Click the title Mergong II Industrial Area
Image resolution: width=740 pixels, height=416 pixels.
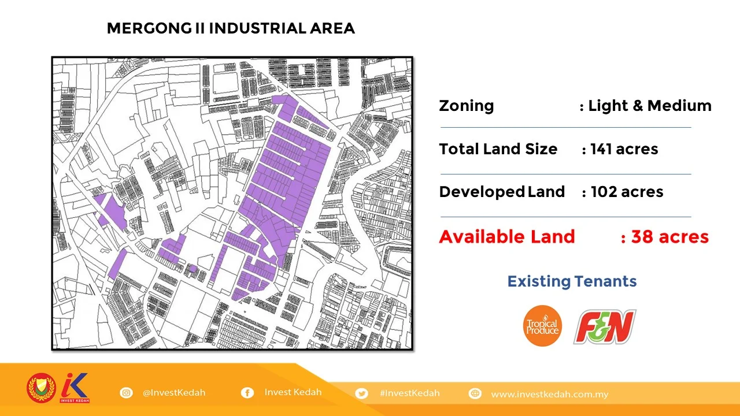(x=231, y=28)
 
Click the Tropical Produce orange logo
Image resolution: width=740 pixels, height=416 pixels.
(x=542, y=326)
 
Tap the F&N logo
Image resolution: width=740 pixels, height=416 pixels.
(x=605, y=326)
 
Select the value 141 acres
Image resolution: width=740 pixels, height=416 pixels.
(x=624, y=149)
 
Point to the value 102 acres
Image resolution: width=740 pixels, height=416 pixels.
(x=627, y=192)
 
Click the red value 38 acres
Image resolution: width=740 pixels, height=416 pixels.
(x=669, y=237)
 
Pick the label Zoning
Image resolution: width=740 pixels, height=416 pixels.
(x=466, y=106)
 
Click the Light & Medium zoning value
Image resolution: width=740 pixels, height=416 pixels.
(x=649, y=106)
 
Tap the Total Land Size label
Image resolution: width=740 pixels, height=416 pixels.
(x=498, y=149)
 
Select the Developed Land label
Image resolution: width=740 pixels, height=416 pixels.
(x=502, y=192)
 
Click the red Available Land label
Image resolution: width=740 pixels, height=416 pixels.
(x=506, y=237)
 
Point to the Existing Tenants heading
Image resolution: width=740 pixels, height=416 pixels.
(x=572, y=281)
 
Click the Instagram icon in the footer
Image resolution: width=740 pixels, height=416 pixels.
(x=126, y=393)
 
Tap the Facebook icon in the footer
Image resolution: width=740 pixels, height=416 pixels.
(x=247, y=393)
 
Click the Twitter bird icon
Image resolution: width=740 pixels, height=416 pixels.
(x=362, y=393)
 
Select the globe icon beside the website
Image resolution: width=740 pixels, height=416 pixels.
(x=475, y=394)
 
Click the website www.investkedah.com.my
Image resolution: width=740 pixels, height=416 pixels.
(x=549, y=395)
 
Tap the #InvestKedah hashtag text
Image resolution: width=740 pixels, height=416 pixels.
(x=409, y=393)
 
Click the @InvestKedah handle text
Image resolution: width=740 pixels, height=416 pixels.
(x=174, y=393)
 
